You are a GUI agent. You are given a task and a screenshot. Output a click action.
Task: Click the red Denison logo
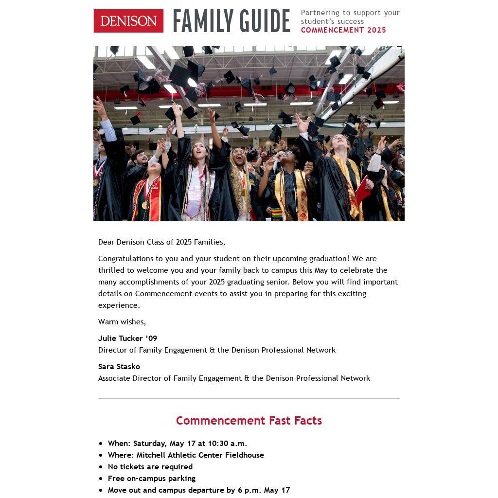(128, 21)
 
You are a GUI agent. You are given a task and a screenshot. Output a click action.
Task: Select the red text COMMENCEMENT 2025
(343, 30)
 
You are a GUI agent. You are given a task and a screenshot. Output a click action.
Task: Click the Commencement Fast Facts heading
(249, 421)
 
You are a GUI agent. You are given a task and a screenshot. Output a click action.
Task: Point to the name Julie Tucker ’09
(127, 338)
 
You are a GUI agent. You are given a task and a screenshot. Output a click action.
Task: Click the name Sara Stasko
(119, 367)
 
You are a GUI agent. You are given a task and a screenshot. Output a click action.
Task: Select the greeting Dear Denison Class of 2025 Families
(161, 242)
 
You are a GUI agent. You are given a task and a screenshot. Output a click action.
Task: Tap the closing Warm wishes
(122, 322)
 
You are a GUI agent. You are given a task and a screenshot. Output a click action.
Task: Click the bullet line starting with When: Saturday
(178, 444)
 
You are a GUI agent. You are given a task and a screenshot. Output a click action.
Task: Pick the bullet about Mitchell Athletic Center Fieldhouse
(186, 455)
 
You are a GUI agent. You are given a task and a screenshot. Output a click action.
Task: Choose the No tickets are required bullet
(150, 467)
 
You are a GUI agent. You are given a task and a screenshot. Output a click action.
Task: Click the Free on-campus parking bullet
(152, 479)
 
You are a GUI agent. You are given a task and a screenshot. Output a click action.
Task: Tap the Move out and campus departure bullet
(199, 490)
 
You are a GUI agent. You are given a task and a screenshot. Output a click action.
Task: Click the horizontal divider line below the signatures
(249, 399)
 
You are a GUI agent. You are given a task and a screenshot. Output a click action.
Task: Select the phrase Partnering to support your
(350, 13)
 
